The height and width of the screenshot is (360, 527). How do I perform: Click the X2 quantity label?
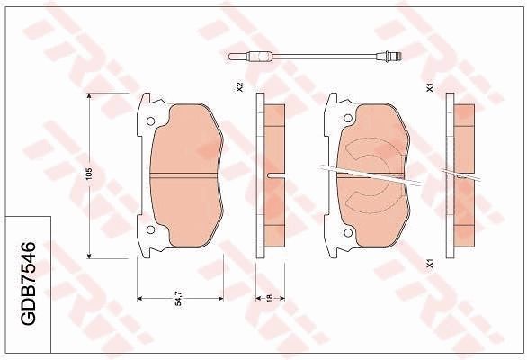(x=239, y=88)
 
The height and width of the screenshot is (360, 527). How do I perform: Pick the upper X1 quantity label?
(x=431, y=88)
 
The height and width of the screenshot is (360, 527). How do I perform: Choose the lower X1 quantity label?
(x=431, y=263)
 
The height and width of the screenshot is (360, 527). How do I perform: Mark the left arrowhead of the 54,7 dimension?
(x=138, y=296)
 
